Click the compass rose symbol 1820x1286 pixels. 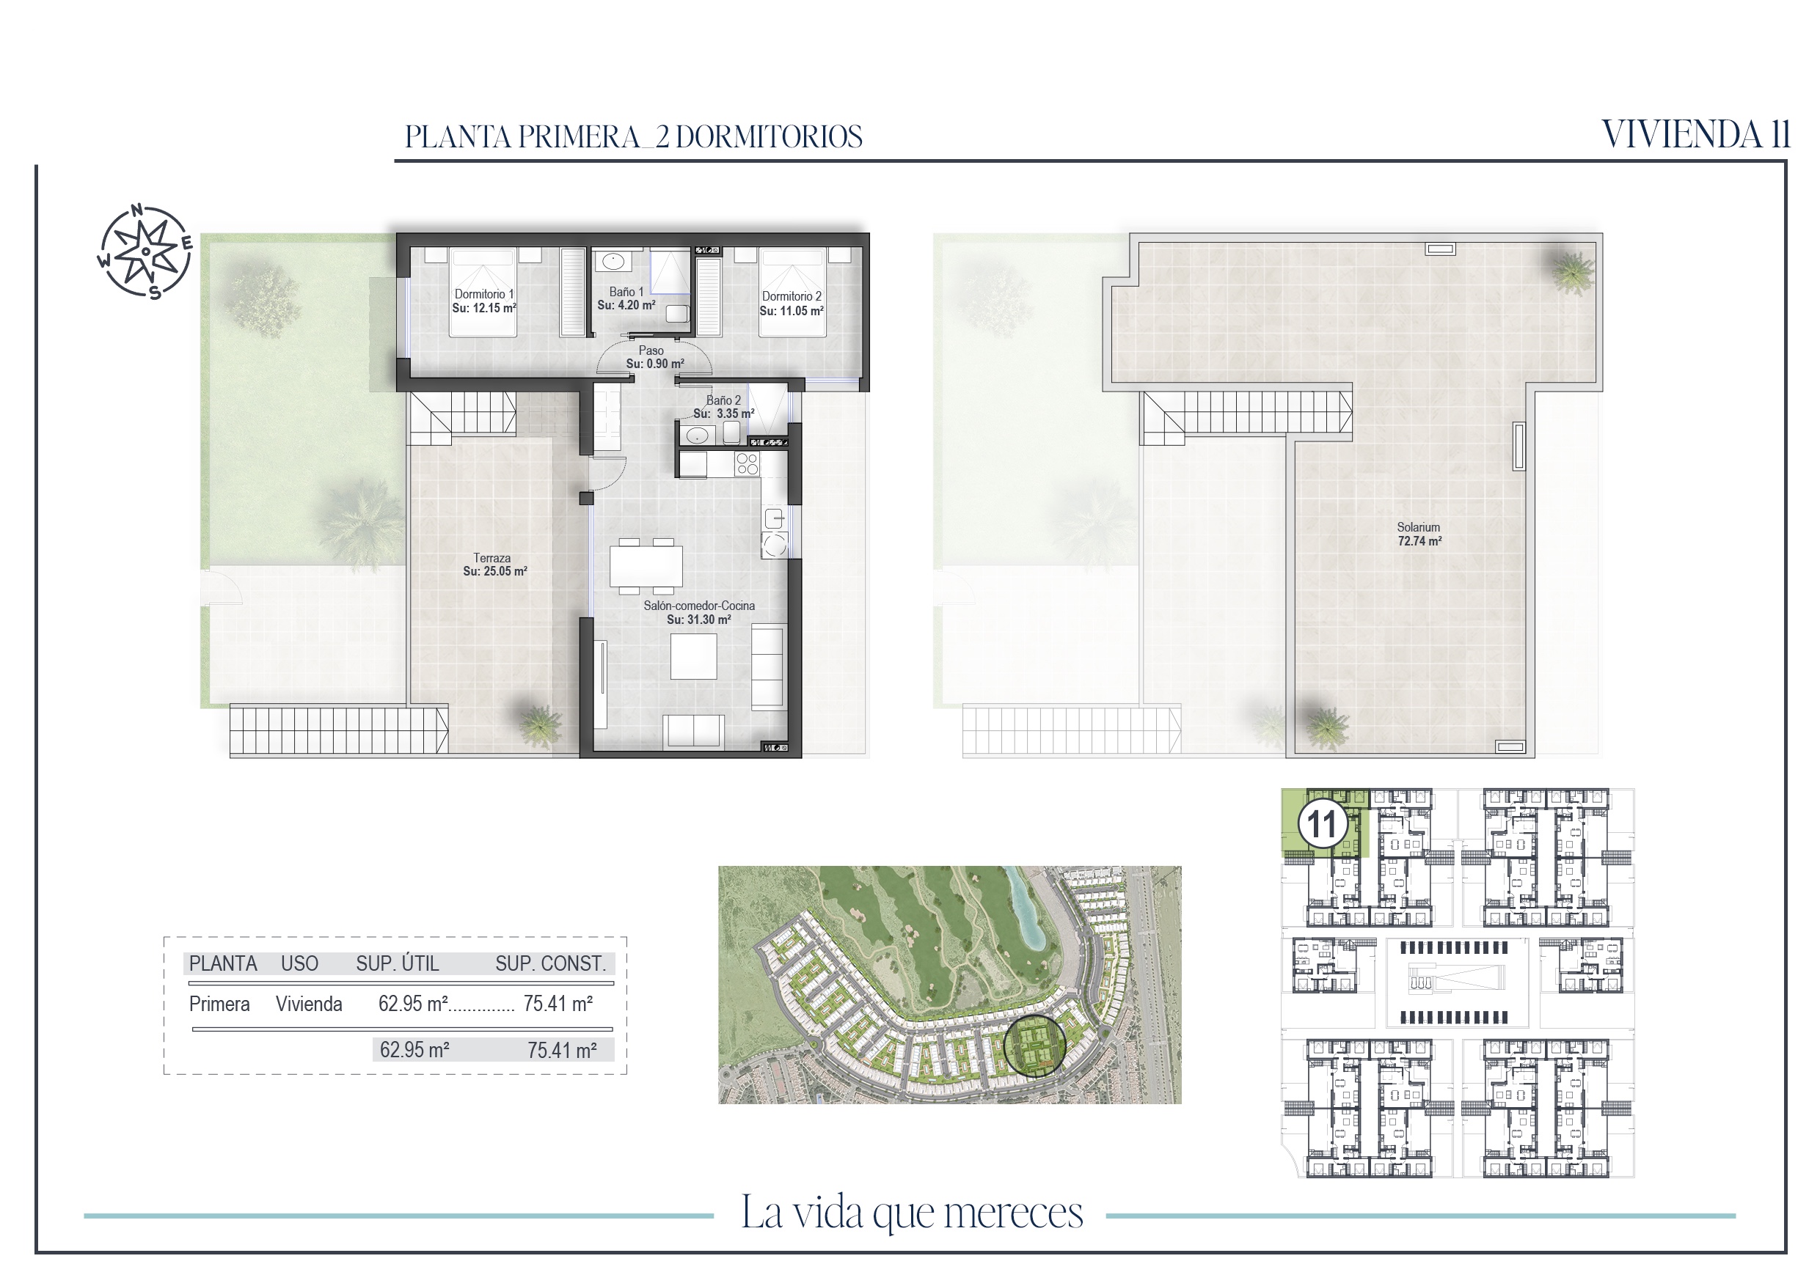146,251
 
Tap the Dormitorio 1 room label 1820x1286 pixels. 483,294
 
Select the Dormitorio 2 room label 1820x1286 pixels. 791,296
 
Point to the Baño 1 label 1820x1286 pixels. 626,292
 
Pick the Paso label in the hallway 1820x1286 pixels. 651,350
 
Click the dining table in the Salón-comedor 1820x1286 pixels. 646,566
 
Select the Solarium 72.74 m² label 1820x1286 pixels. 1419,534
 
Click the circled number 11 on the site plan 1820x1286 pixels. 1322,824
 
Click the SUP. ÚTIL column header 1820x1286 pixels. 397,963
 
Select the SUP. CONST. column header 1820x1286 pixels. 550,963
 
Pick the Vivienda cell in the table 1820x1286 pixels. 309,1004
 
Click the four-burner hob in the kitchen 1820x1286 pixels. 747,463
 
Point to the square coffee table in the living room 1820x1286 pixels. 694,656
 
